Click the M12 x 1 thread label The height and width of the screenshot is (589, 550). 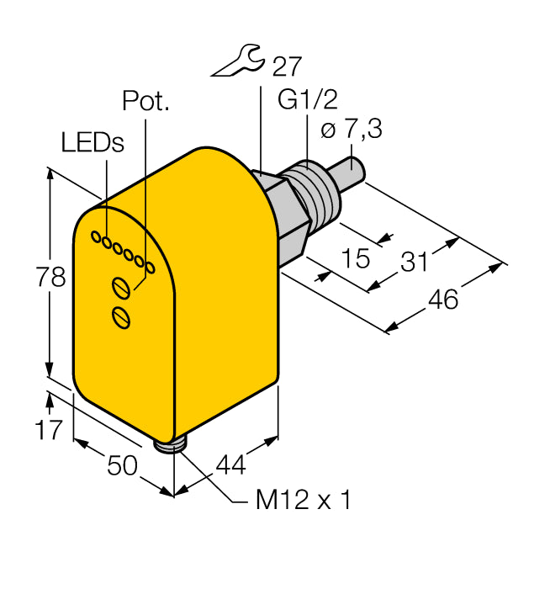point(302,501)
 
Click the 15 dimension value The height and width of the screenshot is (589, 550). point(357,257)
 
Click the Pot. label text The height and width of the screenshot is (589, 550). point(145,101)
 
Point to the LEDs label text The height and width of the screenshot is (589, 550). point(93,142)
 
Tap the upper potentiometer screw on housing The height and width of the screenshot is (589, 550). point(122,288)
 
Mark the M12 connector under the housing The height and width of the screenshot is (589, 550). point(174,443)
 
